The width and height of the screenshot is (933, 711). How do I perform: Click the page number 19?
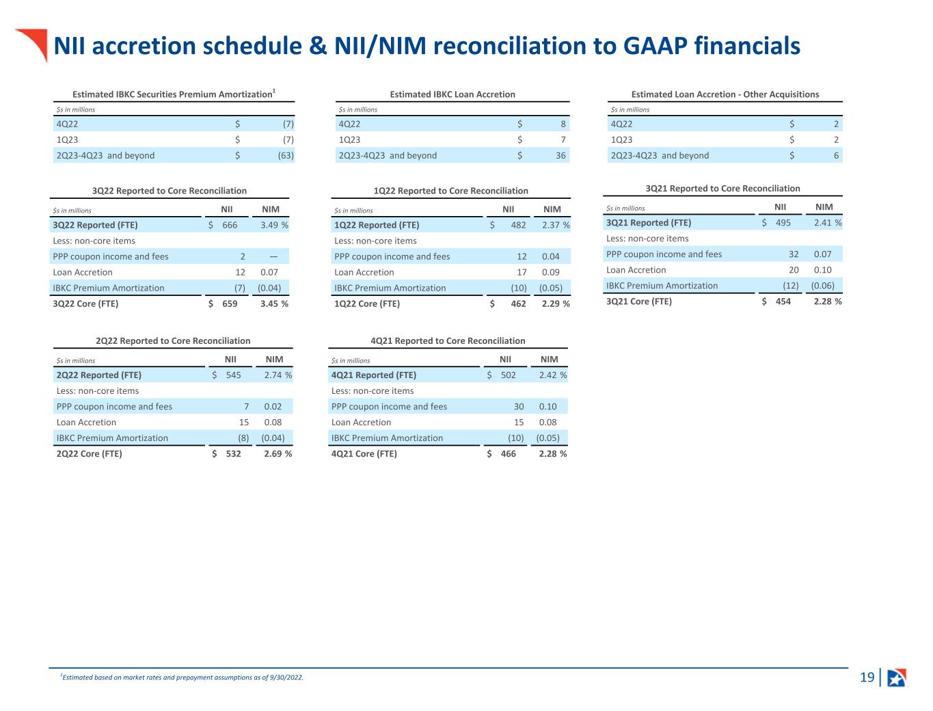point(867,678)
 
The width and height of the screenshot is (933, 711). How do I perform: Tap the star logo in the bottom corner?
point(896,678)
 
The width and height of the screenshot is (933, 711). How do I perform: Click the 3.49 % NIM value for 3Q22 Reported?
point(274,225)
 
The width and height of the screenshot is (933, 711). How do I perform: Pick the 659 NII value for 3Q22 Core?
point(230,304)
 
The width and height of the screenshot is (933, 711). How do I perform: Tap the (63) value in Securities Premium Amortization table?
point(286,155)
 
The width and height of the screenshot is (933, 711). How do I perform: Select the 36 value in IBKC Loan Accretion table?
point(560,155)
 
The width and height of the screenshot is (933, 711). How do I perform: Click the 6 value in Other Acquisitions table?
point(836,155)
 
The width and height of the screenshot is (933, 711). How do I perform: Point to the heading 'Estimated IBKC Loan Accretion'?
point(452,94)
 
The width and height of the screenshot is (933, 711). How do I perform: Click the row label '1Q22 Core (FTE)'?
point(367,304)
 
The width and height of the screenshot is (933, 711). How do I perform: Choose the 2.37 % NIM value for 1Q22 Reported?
point(556,225)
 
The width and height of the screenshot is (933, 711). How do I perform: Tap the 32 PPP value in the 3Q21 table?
point(794,254)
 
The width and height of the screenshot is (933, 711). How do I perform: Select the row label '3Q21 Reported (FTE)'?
point(649,223)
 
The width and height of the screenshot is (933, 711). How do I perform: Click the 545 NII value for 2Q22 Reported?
point(233,375)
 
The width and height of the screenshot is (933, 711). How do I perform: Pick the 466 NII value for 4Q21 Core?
point(508,454)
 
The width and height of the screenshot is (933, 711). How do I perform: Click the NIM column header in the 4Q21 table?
point(549,359)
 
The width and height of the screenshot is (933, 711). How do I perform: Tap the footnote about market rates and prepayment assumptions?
point(182,678)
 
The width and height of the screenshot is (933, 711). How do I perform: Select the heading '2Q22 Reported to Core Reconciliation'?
point(173,340)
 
